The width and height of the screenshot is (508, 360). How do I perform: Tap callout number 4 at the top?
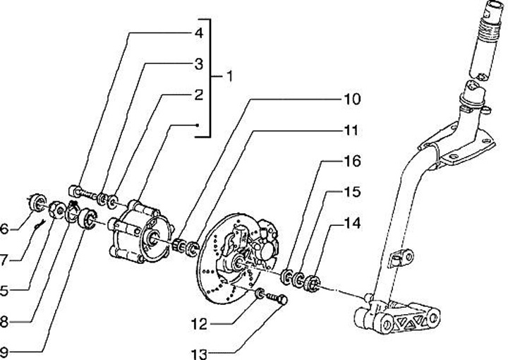point(199,33)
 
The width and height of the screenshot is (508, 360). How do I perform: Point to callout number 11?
point(351,131)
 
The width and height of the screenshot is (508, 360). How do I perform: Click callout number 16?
point(351,162)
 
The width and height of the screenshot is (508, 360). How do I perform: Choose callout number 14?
point(351,224)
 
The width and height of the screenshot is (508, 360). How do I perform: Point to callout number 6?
point(5,229)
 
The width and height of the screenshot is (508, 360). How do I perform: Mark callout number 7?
point(5,260)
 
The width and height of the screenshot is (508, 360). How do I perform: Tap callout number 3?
point(199,64)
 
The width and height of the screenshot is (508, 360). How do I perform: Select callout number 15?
point(351,192)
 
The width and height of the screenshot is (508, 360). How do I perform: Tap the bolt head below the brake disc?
point(284,300)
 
